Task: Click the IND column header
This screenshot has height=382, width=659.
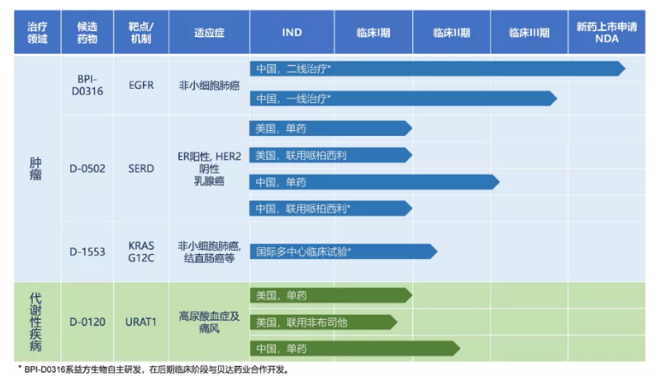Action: click(x=292, y=33)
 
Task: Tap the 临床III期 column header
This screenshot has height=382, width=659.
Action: click(x=529, y=33)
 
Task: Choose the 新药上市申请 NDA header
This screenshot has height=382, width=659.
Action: click(x=606, y=33)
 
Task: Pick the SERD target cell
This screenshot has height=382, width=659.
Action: click(x=141, y=168)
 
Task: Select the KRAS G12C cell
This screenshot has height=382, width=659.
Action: click(x=141, y=250)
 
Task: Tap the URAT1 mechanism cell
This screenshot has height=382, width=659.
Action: click(x=141, y=322)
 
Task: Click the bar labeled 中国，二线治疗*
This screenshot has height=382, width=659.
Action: click(x=435, y=69)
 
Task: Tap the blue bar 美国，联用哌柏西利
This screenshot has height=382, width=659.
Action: click(x=330, y=155)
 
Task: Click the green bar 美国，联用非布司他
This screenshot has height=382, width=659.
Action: click(x=323, y=322)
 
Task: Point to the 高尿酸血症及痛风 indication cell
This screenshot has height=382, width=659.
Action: click(x=208, y=322)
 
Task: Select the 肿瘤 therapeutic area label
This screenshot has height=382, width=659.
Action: click(x=37, y=168)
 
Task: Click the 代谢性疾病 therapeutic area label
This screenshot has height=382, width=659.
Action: click(x=37, y=322)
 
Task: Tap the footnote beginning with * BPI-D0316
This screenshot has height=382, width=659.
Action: click(x=152, y=370)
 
